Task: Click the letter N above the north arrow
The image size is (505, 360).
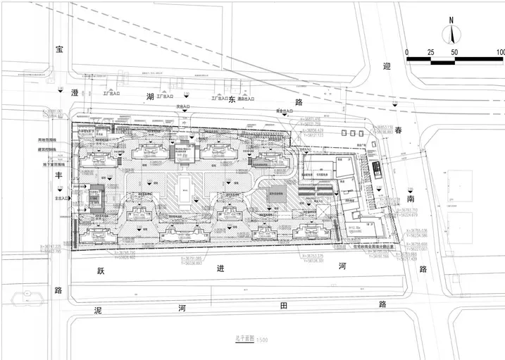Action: (x=451, y=20)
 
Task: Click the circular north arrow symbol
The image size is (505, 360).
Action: (x=451, y=34)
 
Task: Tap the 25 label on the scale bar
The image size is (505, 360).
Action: (x=432, y=53)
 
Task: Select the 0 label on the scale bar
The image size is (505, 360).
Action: (x=407, y=53)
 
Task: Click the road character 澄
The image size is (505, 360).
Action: (x=58, y=92)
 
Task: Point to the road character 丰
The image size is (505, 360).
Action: (x=58, y=178)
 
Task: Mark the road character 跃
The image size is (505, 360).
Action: (x=100, y=271)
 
